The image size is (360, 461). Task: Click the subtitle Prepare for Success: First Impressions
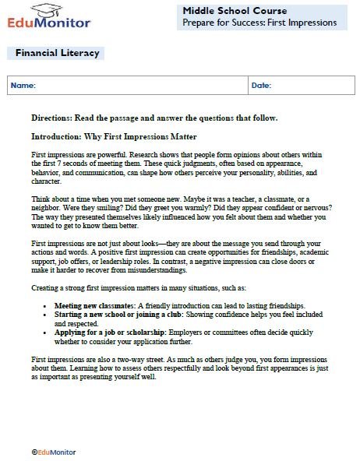pyautogui.click(x=259, y=23)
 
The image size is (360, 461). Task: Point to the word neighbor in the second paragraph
pyautogui.click(x=45, y=206)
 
